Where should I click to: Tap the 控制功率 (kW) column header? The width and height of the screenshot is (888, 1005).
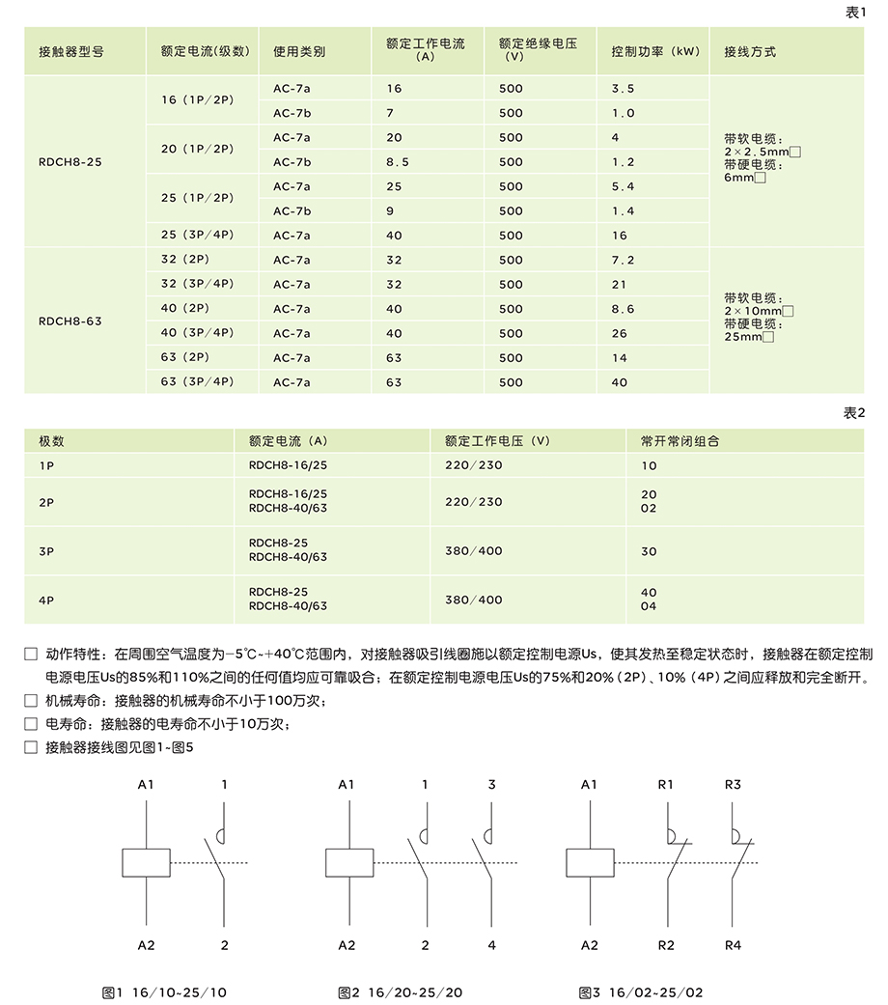click(x=655, y=51)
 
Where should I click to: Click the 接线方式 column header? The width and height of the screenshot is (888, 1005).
click(x=749, y=51)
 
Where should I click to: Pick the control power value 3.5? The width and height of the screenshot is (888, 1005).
click(x=623, y=89)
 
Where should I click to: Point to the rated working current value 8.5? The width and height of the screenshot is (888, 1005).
click(x=398, y=162)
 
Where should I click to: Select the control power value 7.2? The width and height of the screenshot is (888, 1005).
click(x=623, y=261)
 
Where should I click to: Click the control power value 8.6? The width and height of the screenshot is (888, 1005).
click(x=623, y=309)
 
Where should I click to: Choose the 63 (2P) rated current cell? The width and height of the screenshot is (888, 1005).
click(x=185, y=358)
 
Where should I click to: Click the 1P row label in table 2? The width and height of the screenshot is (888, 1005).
click(x=45, y=465)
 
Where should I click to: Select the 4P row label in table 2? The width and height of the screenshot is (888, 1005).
click(x=45, y=600)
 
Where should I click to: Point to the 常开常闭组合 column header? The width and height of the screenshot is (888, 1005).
click(x=680, y=441)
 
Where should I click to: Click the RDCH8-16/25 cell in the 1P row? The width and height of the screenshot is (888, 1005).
click(x=288, y=465)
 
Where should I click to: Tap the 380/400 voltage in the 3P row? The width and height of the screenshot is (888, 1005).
click(x=474, y=551)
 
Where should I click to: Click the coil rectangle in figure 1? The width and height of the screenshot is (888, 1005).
click(x=146, y=862)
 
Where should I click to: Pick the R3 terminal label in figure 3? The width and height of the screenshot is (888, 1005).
click(x=733, y=785)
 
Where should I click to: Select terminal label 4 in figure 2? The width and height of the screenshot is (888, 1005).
click(x=491, y=945)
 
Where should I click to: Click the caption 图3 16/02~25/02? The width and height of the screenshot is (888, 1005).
click(x=641, y=991)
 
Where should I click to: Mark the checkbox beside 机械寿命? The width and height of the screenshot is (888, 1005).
click(x=31, y=700)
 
